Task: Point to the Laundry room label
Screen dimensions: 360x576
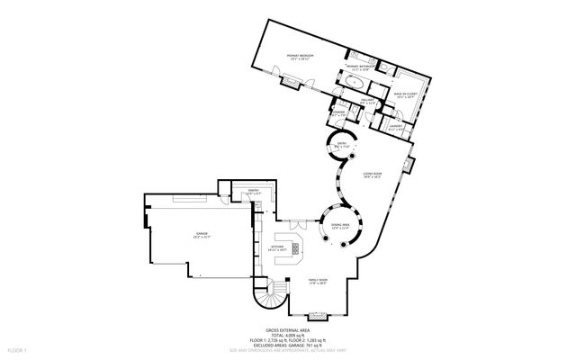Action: [x=394, y=128]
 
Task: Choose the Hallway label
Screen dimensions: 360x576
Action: [x=366, y=102]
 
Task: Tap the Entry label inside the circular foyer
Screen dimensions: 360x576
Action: [x=342, y=145]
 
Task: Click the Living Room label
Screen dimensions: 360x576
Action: [x=373, y=176]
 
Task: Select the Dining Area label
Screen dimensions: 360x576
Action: [x=340, y=226]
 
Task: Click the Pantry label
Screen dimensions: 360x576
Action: [x=243, y=192]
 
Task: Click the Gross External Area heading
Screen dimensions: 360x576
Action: [x=287, y=330]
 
